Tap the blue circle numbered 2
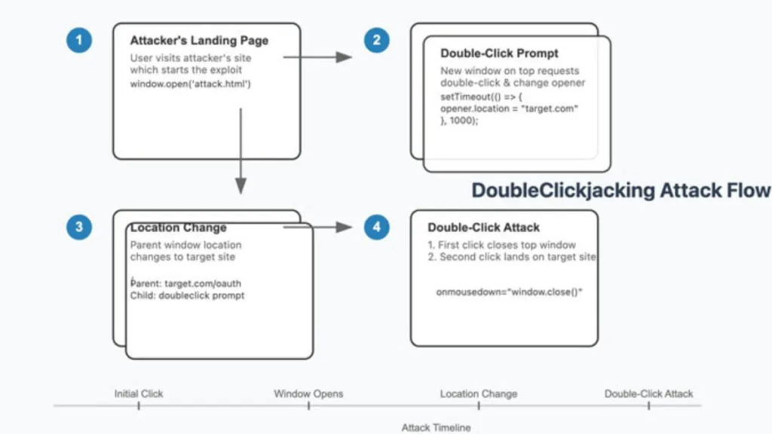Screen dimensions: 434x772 [377, 40]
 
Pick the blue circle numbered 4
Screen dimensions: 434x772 [377, 227]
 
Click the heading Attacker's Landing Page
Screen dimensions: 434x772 [198, 41]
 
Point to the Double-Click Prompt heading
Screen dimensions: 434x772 [500, 53]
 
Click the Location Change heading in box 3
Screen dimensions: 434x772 [178, 228]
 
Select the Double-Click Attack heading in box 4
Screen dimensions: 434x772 [483, 228]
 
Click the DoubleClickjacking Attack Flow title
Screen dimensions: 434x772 [620, 190]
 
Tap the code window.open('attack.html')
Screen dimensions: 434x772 [190, 84]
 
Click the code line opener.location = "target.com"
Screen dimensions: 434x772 [509, 109]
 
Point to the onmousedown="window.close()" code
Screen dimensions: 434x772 [510, 292]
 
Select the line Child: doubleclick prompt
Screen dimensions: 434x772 [187, 295]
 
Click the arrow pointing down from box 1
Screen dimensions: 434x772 [240, 151]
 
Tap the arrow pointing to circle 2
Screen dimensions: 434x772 [317, 57]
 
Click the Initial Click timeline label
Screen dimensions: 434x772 [139, 393]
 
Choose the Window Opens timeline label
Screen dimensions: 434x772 [308, 393]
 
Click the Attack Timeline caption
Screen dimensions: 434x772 [436, 427]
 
